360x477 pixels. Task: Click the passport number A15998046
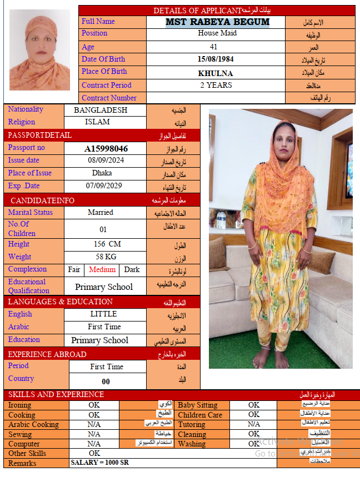[106, 149]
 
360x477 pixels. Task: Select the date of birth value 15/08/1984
[216, 59]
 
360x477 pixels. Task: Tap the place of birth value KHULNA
[216, 73]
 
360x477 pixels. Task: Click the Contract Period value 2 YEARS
[216, 86]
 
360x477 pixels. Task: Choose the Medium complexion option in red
[102, 270]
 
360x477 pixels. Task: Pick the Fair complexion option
[74, 270]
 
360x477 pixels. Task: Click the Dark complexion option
[132, 270]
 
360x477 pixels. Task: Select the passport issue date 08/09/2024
[106, 160]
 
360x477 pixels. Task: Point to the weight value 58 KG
[106, 257]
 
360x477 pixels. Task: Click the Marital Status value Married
[101, 212]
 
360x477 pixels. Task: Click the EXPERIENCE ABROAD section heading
[47, 354]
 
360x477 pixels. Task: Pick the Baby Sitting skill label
[198, 405]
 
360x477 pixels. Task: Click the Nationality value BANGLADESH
[101, 110]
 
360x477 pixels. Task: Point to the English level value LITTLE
[103, 314]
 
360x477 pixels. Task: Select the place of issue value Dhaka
[102, 173]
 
